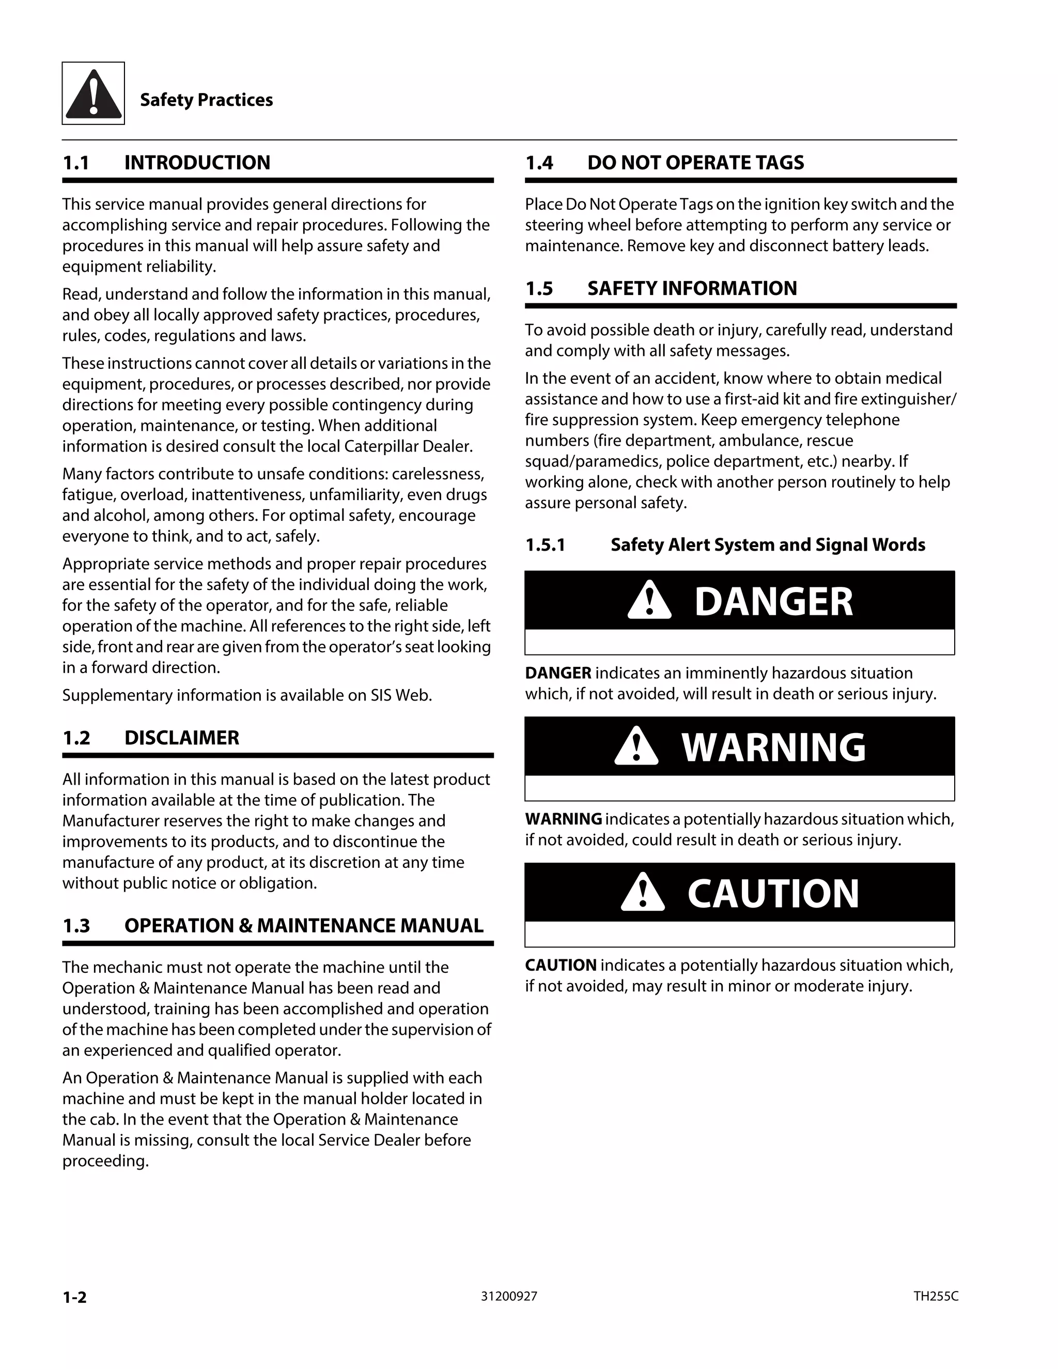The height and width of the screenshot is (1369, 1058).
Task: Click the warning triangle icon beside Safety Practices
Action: pyautogui.click(x=93, y=94)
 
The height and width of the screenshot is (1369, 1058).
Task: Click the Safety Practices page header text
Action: pyautogui.click(x=206, y=100)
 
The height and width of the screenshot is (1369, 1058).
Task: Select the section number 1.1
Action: pyautogui.click(x=76, y=163)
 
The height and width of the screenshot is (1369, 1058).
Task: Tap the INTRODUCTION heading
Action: pyautogui.click(x=197, y=163)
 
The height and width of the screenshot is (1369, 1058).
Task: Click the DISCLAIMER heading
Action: pyautogui.click(x=182, y=738)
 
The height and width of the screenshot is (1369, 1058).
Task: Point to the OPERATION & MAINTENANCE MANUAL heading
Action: pyautogui.click(x=303, y=926)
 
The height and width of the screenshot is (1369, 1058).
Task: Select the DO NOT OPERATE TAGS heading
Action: pyautogui.click(x=695, y=163)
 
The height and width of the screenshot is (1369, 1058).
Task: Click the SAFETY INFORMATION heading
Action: pyautogui.click(x=692, y=288)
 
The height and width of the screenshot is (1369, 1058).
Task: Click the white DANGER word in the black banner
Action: pyautogui.click(x=773, y=602)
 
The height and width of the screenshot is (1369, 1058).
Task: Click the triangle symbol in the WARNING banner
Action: pyautogui.click(x=636, y=746)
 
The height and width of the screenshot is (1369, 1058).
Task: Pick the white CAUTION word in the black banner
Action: pyautogui.click(x=773, y=894)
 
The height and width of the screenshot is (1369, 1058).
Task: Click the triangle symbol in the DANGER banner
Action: pyautogui.click(x=649, y=600)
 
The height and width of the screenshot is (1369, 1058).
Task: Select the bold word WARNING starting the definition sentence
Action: pyautogui.click(x=564, y=819)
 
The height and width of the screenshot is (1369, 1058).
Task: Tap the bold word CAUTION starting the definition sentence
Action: pyautogui.click(x=561, y=966)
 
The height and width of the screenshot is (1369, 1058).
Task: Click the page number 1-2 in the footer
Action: pyautogui.click(x=74, y=1297)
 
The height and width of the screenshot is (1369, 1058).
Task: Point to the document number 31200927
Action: pyautogui.click(x=509, y=1296)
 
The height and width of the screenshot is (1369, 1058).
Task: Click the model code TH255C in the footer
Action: pyautogui.click(x=935, y=1296)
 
